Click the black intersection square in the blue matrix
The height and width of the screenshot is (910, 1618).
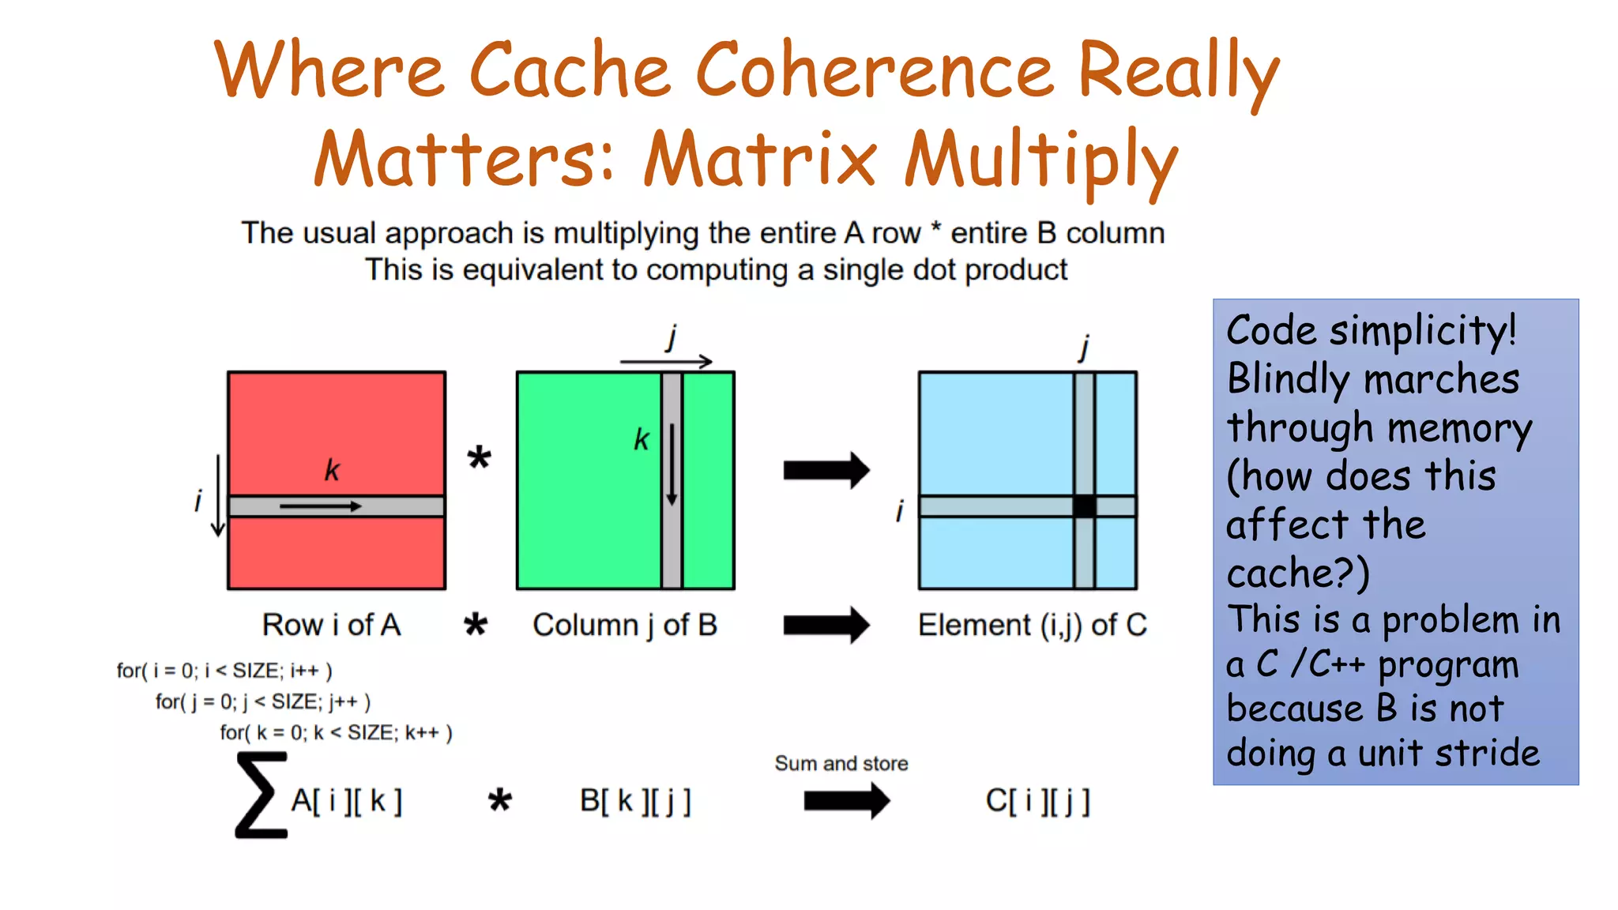pos(1084,506)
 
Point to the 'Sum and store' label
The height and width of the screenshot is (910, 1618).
pos(841,763)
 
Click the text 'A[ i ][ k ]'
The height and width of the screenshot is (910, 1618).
pos(347,801)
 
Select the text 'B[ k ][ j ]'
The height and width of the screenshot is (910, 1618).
pos(635,801)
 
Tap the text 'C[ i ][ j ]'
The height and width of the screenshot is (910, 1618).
pos(1037,801)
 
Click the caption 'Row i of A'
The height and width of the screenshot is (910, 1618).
pos(332,625)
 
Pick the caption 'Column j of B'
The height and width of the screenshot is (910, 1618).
pos(625,625)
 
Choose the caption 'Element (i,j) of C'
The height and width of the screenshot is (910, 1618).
pos(1032,625)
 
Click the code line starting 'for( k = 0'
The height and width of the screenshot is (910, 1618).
pos(336,733)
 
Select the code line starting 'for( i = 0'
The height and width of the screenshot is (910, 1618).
pos(224,671)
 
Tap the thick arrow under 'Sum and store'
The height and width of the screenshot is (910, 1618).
pos(846,801)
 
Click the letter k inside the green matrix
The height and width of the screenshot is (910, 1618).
pos(642,439)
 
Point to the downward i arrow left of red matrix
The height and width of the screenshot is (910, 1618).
pos(218,495)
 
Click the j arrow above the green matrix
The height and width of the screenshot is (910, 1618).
pos(666,362)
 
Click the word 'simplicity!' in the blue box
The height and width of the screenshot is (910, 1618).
pos(1423,330)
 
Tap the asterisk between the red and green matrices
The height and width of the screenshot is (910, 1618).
pos(479,457)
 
